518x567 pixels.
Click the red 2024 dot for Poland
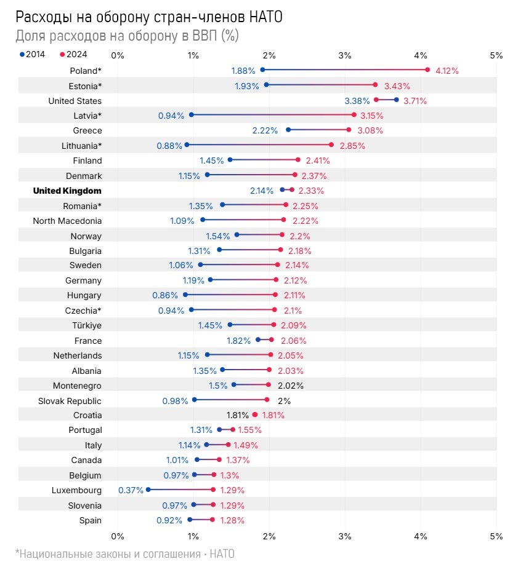(427, 69)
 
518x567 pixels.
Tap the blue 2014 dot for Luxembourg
(148, 490)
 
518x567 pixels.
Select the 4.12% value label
(447, 71)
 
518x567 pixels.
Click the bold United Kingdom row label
(67, 191)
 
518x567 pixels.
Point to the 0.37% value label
(131, 490)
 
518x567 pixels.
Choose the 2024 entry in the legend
(73, 54)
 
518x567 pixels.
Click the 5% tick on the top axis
(496, 55)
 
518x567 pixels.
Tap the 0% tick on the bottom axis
(118, 536)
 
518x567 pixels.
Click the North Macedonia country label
(67, 221)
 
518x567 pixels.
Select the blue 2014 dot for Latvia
(191, 114)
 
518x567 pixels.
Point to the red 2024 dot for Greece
(349, 130)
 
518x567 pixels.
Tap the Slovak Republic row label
(70, 400)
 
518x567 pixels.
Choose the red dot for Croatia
(255, 414)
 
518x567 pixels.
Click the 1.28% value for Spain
(232, 520)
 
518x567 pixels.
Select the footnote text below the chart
(125, 553)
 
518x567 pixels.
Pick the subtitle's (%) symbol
(229, 36)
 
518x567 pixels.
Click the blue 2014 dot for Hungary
(185, 295)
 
